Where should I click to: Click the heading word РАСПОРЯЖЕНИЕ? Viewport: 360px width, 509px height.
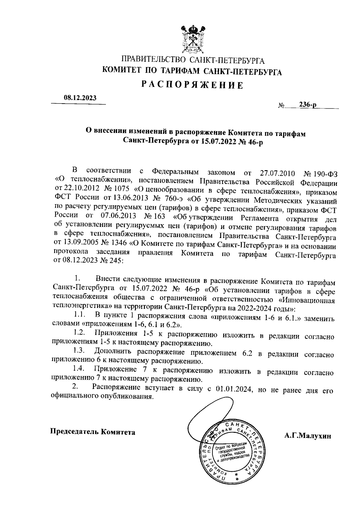192,85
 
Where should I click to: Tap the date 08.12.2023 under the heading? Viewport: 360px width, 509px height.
80,98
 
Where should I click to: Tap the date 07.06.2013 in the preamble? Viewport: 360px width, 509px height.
115,216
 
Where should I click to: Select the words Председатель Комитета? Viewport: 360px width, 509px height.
92,432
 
